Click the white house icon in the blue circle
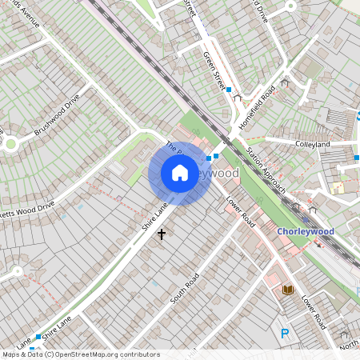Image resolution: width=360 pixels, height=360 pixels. tap(180, 173)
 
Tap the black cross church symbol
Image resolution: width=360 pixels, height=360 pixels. tap(162, 234)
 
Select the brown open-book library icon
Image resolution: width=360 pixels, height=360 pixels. tap(289, 289)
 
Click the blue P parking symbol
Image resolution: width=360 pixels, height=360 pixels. tap(284, 333)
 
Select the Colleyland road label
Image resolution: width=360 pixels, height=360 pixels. tap(312, 144)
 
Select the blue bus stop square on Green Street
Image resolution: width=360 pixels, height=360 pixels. tap(229, 90)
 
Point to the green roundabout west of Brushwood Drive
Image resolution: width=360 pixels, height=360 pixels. tap(10, 144)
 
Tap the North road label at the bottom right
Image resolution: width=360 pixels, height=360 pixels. tap(349, 344)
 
